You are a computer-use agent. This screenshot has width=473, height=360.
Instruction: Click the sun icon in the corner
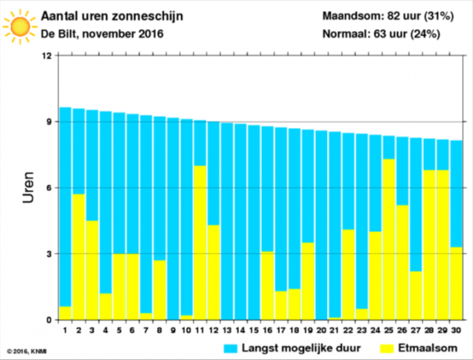point(19,26)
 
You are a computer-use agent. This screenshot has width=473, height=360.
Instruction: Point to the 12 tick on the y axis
point(46,56)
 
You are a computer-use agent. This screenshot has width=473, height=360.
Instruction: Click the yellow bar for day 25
point(388,239)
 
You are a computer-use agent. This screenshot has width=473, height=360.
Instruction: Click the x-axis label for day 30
point(456,330)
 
